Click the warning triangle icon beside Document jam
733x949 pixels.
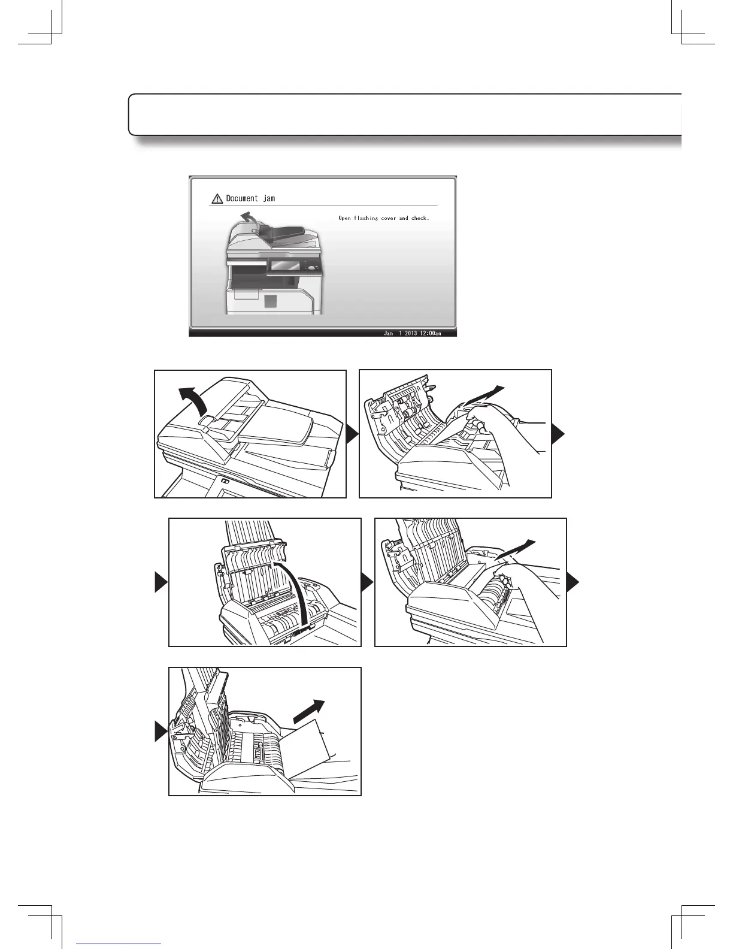(217, 199)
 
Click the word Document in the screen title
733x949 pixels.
(242, 198)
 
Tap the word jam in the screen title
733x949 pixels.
(269, 198)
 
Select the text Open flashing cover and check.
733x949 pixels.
(383, 218)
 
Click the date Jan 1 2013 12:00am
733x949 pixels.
(412, 333)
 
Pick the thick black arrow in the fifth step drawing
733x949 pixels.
(309, 712)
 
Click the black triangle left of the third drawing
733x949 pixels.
(161, 582)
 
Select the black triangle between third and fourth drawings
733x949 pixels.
(366, 582)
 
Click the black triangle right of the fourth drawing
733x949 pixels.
(573, 582)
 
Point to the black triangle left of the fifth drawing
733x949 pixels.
(161, 732)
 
